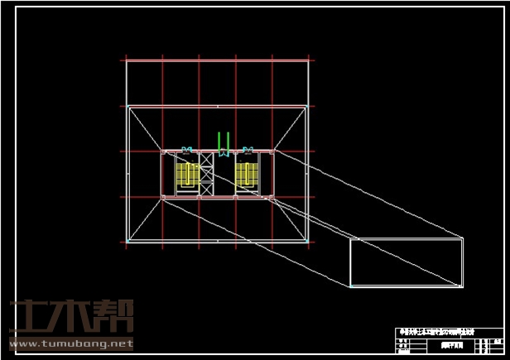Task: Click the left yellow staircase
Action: [x=187, y=175]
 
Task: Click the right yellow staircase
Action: [x=245, y=175]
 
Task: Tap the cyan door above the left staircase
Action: [x=187, y=151]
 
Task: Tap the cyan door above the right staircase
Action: [x=247, y=151]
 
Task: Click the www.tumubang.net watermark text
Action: [x=71, y=343]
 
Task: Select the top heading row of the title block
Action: [x=438, y=332]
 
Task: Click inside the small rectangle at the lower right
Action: [x=406, y=262]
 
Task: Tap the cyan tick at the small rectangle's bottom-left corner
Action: [x=350, y=286]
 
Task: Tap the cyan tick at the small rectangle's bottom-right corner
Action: [x=462, y=286]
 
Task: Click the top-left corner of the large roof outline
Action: [x=127, y=106]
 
